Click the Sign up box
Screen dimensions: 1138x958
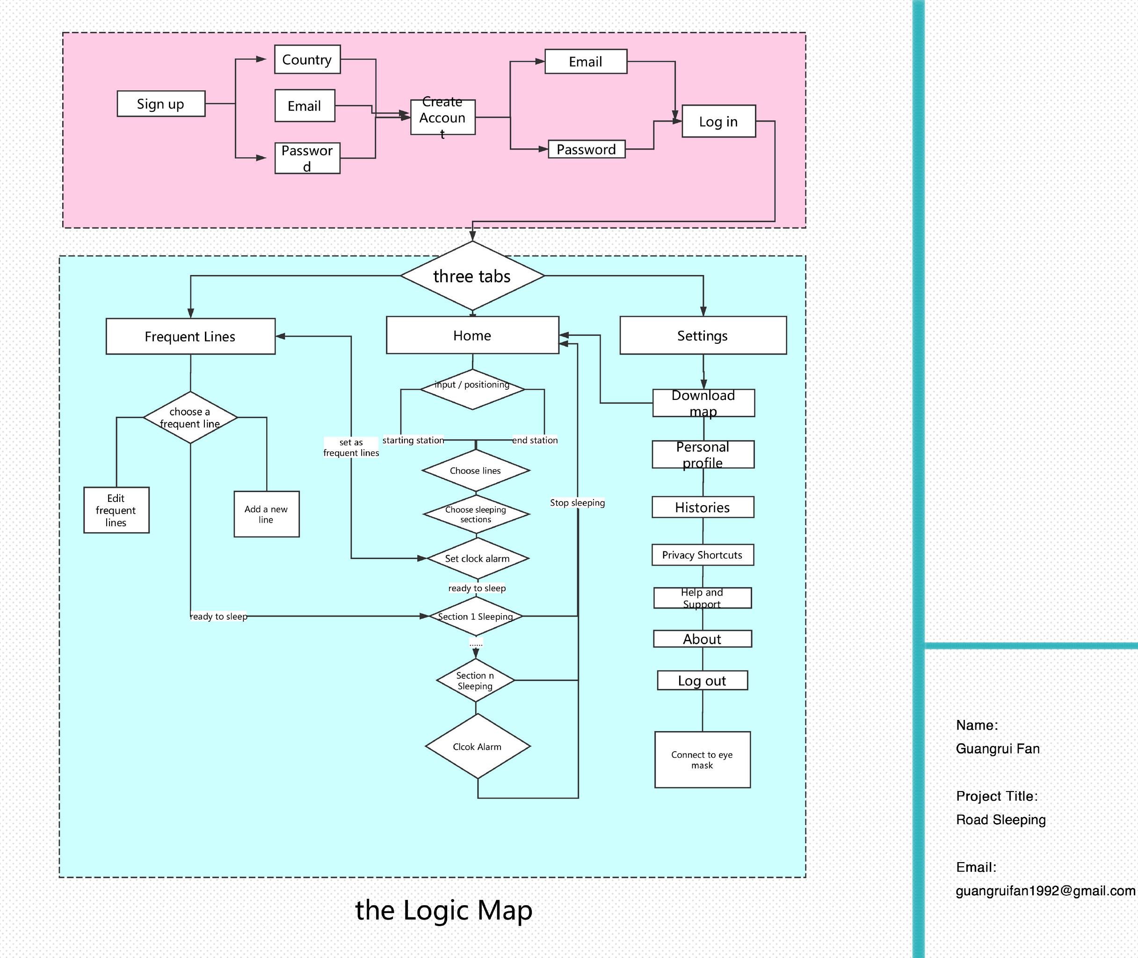tap(161, 104)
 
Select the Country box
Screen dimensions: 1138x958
tap(307, 59)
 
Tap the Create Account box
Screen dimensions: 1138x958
tap(443, 117)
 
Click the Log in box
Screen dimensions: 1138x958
tap(719, 121)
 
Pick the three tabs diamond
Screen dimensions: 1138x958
tap(472, 276)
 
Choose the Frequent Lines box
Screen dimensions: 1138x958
tap(190, 336)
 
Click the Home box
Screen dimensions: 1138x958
tap(472, 335)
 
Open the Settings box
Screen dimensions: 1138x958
tap(703, 335)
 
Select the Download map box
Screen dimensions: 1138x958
tap(703, 403)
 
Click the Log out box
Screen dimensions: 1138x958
tap(703, 681)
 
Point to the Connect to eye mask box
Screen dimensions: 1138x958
tap(703, 760)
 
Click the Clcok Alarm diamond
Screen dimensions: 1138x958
tap(478, 746)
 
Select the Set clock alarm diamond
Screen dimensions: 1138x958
tap(478, 559)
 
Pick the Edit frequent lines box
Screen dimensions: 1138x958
tap(116, 510)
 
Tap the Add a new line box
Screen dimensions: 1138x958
tap(267, 514)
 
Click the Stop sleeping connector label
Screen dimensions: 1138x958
tap(577, 503)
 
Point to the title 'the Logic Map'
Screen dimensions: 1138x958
tap(443, 910)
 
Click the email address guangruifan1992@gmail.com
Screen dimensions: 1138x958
tap(1046, 891)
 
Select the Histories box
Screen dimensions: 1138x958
tap(703, 507)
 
